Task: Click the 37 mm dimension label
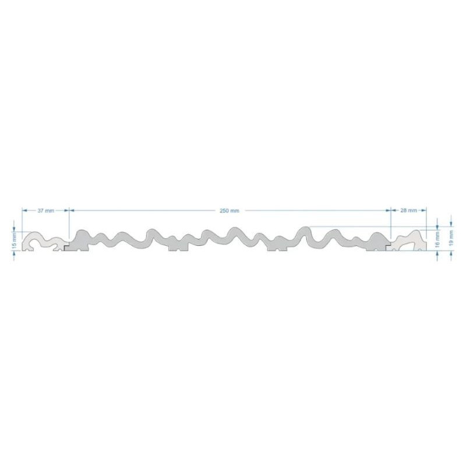point(46,210)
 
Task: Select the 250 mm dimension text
point(229,210)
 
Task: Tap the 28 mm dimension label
point(409,210)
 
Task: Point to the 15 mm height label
point(14,241)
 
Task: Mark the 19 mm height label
point(451,238)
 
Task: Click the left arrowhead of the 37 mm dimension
point(24,210)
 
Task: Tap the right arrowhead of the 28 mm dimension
point(424,210)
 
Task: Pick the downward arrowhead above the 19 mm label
point(451,224)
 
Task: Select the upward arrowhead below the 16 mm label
point(437,253)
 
